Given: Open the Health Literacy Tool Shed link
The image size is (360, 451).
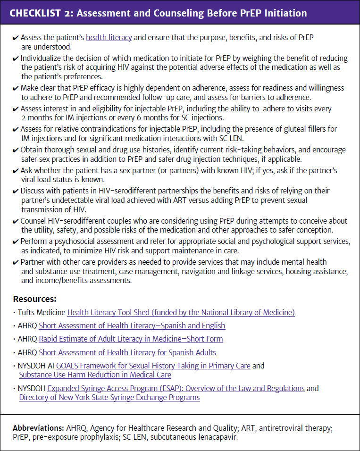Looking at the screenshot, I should (x=181, y=312).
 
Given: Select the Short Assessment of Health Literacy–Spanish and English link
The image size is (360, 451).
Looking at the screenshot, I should (x=132, y=326).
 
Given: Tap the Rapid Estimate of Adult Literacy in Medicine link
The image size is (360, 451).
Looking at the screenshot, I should (x=131, y=339).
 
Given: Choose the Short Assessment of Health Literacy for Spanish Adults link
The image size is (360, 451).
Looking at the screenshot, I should (x=127, y=352).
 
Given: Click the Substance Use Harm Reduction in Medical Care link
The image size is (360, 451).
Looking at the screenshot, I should (x=95, y=375).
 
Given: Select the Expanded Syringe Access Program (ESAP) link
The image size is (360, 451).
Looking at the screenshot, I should (x=176, y=388).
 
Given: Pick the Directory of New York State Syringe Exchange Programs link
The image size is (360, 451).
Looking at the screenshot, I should (x=109, y=397).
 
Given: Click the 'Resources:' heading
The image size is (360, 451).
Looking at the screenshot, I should (x=34, y=299).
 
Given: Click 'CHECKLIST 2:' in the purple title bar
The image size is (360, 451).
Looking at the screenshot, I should (x=41, y=13).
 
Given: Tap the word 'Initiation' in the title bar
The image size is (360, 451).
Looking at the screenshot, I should (x=282, y=13).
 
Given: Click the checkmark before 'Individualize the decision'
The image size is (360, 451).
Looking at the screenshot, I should (x=16, y=59).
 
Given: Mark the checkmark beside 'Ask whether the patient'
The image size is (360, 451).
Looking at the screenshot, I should (x=16, y=170).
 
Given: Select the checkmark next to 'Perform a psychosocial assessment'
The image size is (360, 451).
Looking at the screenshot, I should (x=16, y=242).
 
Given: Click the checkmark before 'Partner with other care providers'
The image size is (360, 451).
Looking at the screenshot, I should (x=16, y=262).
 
